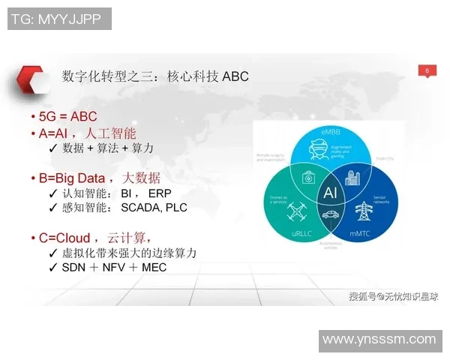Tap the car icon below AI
coord(330,215)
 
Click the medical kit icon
coord(308,178)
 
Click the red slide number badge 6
coord(427,70)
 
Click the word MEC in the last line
coord(153,267)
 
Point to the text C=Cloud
coord(64,238)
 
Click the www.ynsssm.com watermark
coord(379,340)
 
